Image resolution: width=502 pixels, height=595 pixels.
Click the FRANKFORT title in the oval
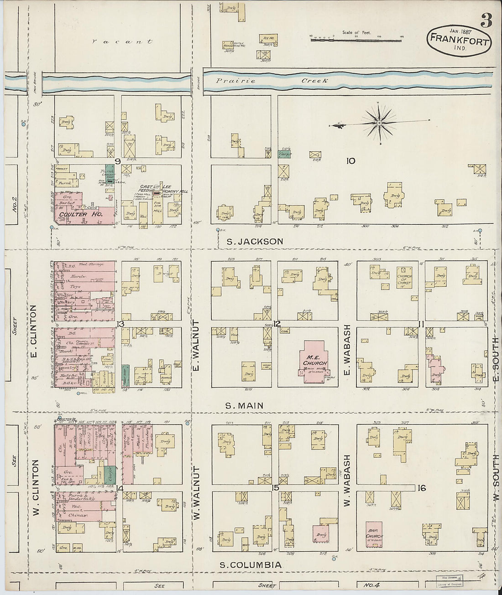tap(459, 41)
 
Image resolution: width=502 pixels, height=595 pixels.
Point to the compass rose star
tap(379, 123)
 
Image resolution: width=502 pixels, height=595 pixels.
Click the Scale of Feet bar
tap(356, 40)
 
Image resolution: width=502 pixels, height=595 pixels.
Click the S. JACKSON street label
tap(255, 241)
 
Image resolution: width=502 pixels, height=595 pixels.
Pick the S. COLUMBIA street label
tap(251, 565)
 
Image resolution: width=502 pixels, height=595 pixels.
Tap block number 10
tap(350, 160)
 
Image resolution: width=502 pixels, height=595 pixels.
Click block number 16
tap(421, 488)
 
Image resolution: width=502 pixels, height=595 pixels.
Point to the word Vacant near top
tap(122, 41)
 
